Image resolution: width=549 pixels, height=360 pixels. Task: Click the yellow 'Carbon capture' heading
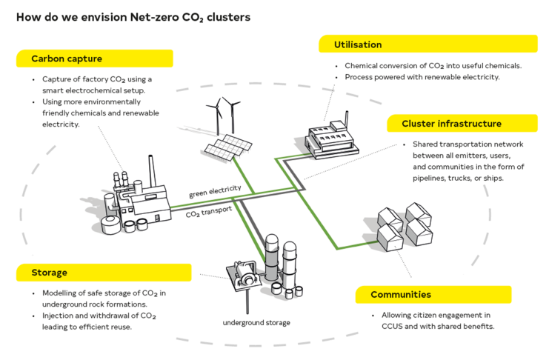(x=67, y=59)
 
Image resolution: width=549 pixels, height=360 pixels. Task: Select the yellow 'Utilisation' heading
(x=357, y=45)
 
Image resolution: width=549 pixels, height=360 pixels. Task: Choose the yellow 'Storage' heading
(x=50, y=273)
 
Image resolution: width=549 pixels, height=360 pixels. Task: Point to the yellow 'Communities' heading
(x=401, y=295)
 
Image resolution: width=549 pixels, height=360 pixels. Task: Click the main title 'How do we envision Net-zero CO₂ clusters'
(x=133, y=16)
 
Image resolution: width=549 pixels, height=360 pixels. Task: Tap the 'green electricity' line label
(x=215, y=192)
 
